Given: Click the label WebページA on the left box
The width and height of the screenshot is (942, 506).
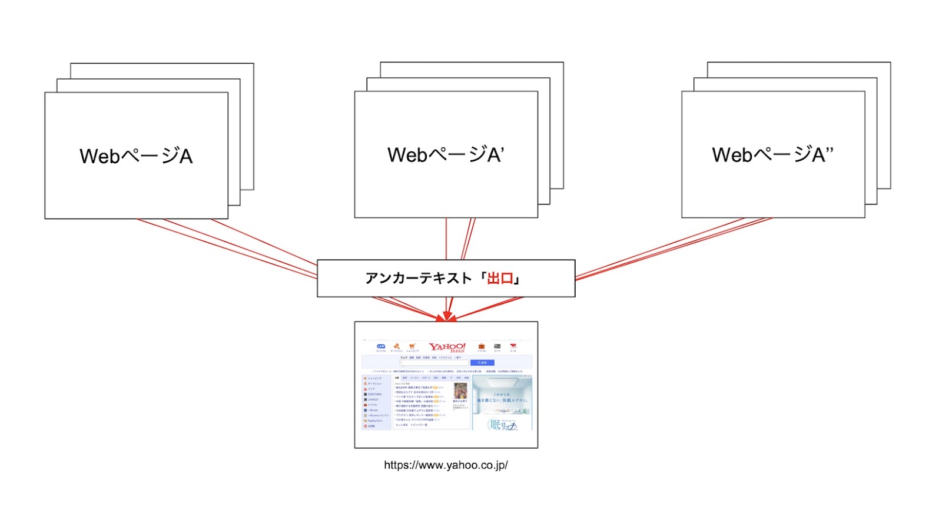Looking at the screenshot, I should pos(136,156).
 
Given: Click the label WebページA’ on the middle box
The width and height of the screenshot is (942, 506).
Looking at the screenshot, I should pos(446,155).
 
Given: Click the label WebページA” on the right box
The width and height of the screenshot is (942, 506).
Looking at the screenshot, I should pos(772,155).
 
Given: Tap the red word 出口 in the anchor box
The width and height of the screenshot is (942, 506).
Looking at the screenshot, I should pos(500,278).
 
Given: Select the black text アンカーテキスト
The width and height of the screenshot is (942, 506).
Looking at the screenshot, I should pos(418,278).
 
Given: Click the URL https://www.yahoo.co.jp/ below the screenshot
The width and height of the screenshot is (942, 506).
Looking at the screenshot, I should pos(446,465).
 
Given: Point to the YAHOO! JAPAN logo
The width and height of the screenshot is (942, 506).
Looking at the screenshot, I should pos(447,347).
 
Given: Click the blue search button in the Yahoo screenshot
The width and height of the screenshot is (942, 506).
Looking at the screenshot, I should pos(482,363).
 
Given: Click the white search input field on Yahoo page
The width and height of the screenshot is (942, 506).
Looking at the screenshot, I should pos(434,363).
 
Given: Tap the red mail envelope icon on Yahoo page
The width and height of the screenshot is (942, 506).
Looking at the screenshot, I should pos(513,346).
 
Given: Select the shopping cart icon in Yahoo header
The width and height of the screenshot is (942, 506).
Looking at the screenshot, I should pos(412,346).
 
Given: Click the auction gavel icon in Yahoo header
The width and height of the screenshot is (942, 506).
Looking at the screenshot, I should pos(396,346).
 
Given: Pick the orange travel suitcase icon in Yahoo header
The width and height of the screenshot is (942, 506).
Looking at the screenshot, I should pos(482,346).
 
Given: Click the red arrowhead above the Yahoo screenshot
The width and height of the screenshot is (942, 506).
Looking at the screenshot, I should pos(448,316).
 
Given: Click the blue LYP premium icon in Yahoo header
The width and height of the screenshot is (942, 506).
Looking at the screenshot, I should pos(381,346).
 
